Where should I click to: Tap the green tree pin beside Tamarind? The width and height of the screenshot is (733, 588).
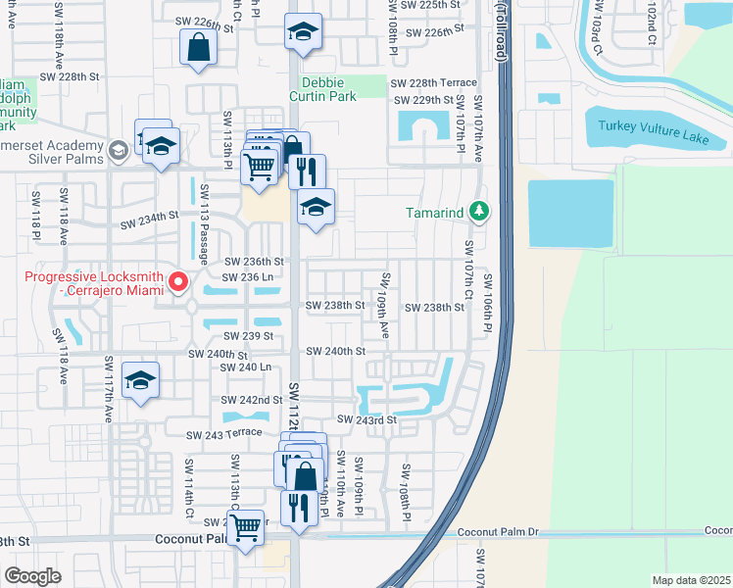[479, 212]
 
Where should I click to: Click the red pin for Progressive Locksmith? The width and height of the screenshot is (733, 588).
[178, 283]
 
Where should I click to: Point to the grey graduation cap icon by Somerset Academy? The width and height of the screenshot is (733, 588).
[118, 150]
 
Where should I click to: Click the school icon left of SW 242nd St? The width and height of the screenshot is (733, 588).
[141, 381]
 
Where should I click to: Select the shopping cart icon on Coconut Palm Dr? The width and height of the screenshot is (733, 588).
[246, 525]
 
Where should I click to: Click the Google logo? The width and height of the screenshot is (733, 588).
[33, 576]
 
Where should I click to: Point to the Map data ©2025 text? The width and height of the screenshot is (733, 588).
[691, 580]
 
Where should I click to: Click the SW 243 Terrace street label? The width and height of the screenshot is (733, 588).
[229, 433]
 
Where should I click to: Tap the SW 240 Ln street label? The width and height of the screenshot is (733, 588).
[245, 367]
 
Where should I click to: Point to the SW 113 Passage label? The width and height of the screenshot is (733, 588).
[205, 223]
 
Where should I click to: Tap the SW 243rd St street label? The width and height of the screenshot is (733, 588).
[366, 419]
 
